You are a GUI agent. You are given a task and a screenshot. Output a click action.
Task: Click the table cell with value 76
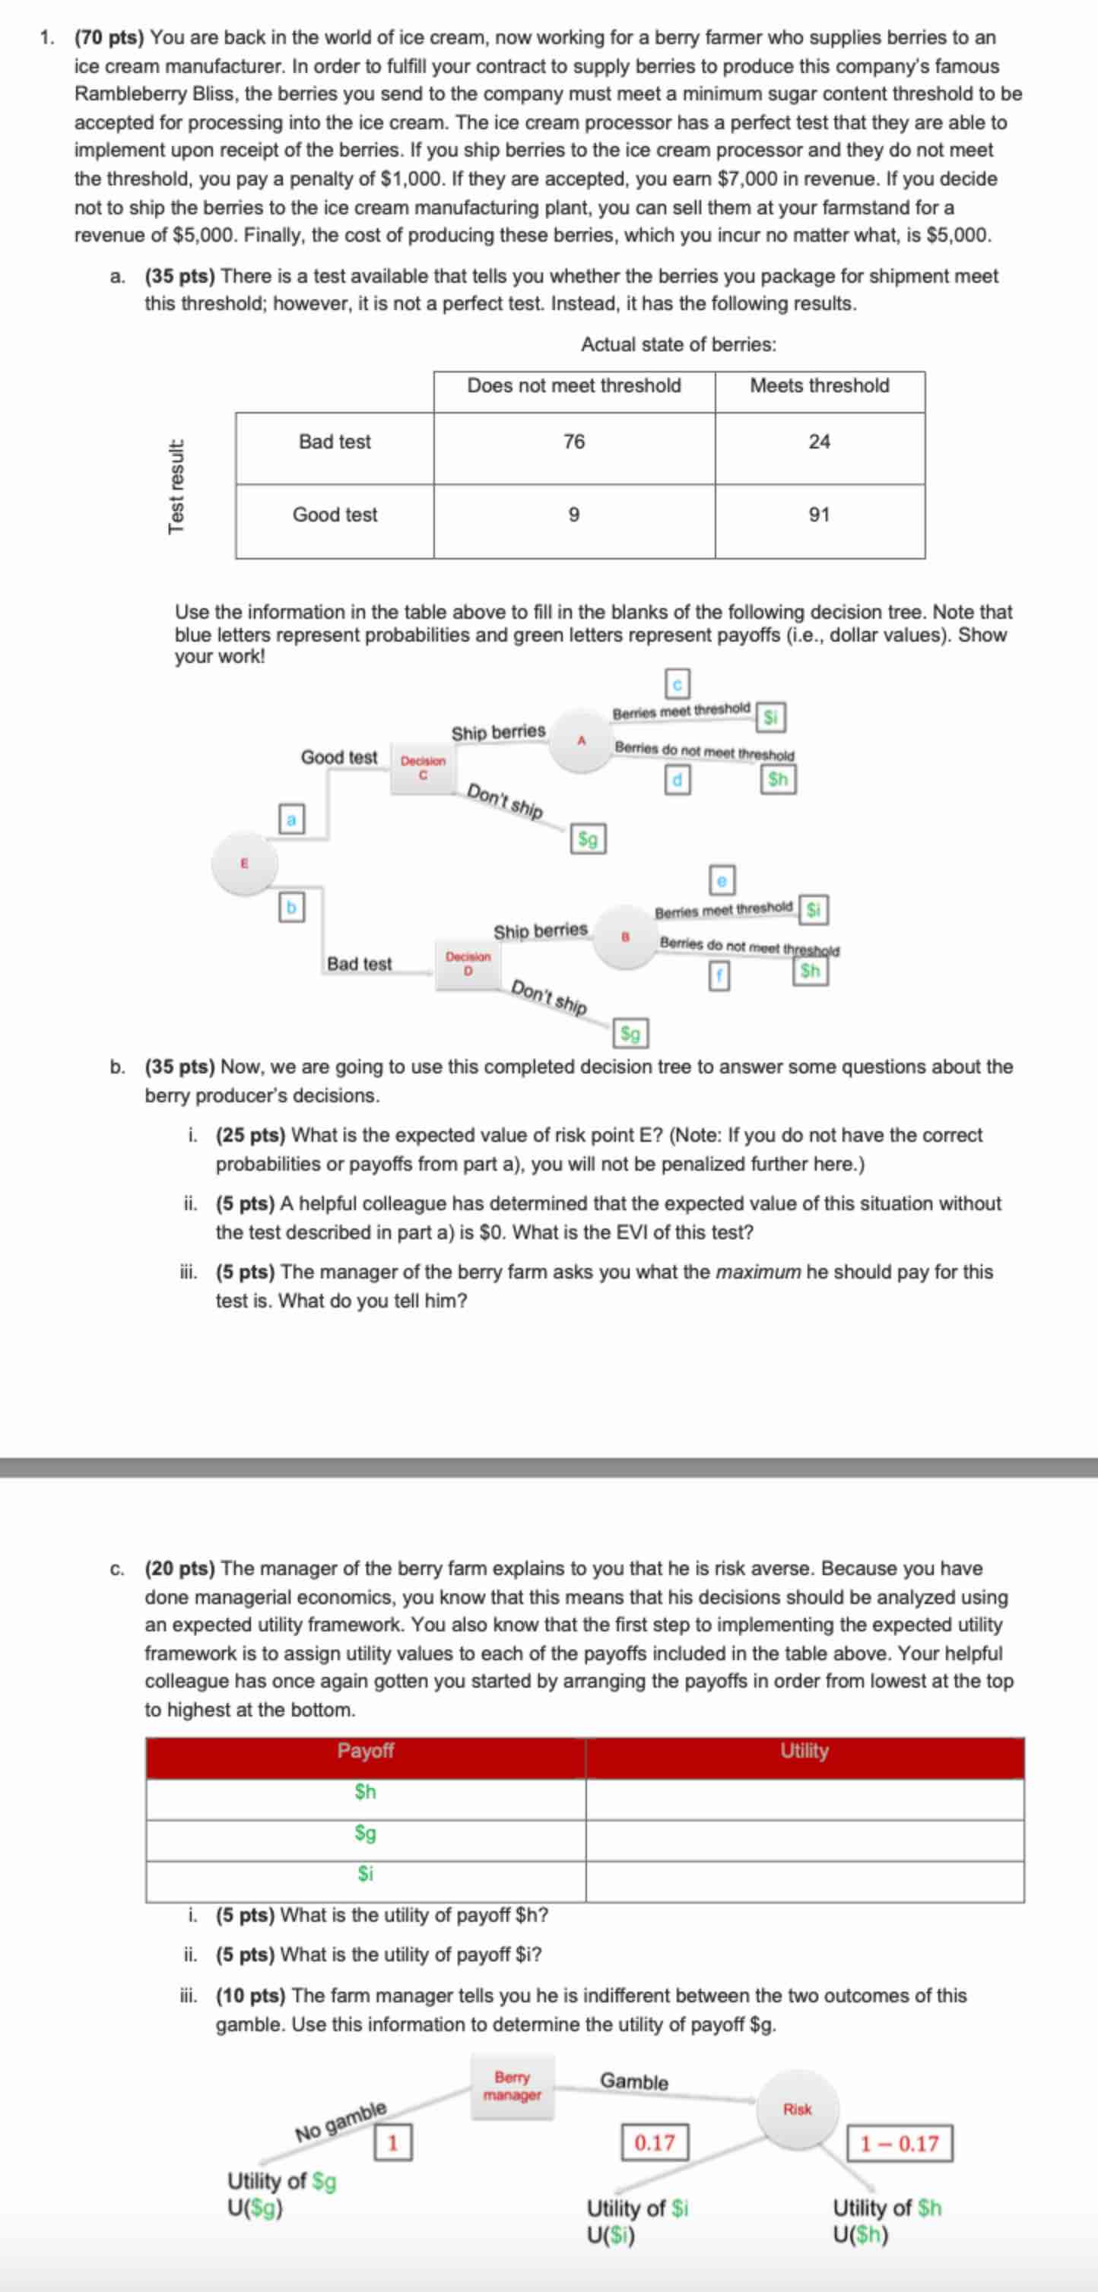click(574, 442)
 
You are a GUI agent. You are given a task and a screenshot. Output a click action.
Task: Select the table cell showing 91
click(819, 515)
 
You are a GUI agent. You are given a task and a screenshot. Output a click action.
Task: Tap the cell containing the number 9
click(574, 515)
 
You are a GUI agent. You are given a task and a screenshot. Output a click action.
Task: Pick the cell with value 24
click(819, 442)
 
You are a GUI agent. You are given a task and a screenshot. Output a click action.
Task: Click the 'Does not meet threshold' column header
click(574, 386)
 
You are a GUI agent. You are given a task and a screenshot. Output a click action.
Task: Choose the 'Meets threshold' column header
click(819, 386)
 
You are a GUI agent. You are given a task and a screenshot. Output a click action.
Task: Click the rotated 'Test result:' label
click(176, 487)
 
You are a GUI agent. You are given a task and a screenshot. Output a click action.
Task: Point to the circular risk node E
click(244, 863)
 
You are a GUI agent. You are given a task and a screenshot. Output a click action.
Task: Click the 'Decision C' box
click(423, 768)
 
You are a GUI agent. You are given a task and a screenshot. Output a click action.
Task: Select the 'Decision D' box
click(468, 964)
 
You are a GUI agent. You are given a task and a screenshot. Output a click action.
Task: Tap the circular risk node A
click(581, 740)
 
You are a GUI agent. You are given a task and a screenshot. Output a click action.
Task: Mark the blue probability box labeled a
click(291, 819)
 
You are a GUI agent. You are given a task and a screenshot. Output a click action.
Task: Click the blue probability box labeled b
click(290, 908)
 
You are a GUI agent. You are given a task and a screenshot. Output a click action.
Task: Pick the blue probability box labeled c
click(678, 684)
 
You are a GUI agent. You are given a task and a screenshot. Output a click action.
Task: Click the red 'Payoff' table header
click(365, 1751)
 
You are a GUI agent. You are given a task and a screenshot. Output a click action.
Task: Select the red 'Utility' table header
click(804, 1751)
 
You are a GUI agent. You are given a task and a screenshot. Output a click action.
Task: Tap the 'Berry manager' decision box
click(512, 2085)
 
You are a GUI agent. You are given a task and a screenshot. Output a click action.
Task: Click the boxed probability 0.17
click(654, 2142)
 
